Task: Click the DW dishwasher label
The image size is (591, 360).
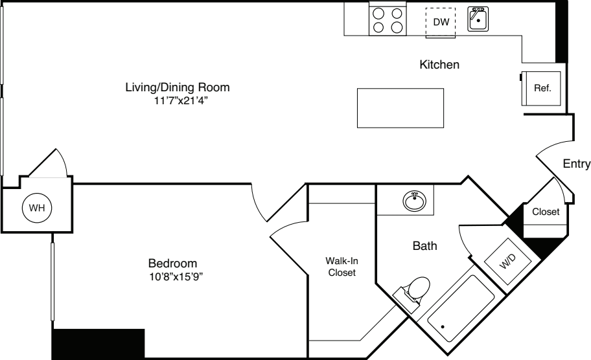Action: click(441, 22)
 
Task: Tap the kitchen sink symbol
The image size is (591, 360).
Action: click(478, 19)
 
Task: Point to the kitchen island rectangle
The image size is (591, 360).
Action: click(400, 108)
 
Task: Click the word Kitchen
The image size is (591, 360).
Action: click(439, 65)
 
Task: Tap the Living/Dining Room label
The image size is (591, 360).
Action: click(178, 87)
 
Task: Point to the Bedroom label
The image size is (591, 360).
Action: click(172, 264)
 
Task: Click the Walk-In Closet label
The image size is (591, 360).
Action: click(342, 267)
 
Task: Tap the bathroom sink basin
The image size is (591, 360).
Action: click(415, 202)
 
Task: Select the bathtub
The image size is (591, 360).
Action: click(461, 308)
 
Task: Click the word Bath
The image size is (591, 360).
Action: click(425, 246)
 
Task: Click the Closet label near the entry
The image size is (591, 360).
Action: click(546, 212)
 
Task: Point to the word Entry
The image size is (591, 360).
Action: click(576, 164)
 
